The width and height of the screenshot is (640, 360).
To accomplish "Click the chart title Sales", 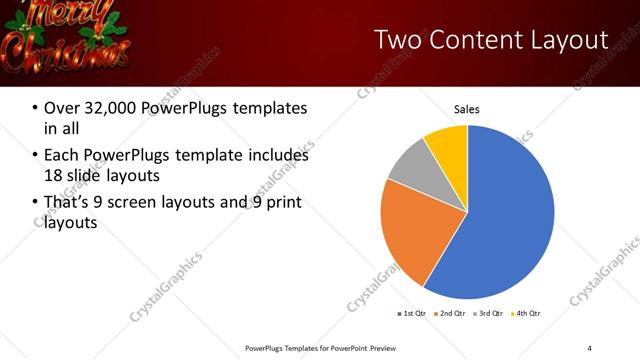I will [467, 109].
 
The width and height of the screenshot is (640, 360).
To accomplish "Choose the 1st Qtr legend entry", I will [412, 313].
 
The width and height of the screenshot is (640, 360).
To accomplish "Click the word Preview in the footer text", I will [377, 347].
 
